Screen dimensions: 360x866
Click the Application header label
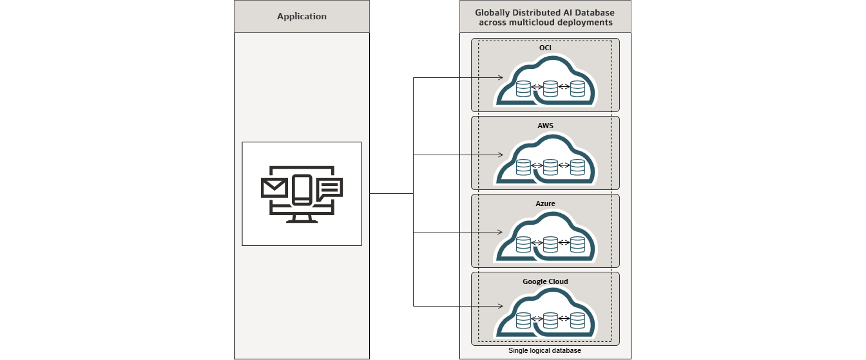tap(302, 16)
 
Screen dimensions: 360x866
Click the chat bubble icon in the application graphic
tap(330, 187)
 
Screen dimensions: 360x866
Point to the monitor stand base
tap(302, 220)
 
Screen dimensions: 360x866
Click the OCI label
tap(545, 48)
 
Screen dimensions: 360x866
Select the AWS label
tap(545, 126)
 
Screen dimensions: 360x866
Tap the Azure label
tap(545, 204)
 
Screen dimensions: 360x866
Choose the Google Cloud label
tap(545, 281)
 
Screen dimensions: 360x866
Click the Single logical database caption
tap(545, 351)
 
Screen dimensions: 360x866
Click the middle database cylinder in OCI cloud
tap(550, 88)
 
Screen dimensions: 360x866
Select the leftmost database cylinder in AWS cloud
tap(523, 167)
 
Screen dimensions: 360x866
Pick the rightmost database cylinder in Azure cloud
tap(577, 244)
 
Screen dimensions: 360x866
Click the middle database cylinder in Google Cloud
tap(550, 320)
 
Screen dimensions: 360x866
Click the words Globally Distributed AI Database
tap(545, 12)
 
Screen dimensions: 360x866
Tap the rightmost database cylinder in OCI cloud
tap(577, 88)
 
